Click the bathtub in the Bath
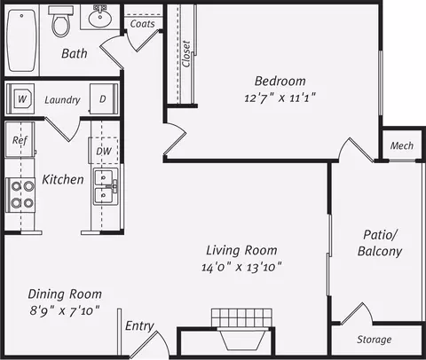click(22, 41)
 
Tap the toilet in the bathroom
click(61, 21)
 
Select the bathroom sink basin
click(100, 17)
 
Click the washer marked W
click(21, 98)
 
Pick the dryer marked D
click(104, 98)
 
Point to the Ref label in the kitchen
click(20, 140)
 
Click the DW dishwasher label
click(104, 152)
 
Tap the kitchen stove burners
click(21, 194)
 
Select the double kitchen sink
click(106, 186)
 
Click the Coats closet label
click(143, 24)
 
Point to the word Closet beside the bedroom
click(186, 54)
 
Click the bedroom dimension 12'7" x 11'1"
click(280, 98)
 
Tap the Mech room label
click(402, 145)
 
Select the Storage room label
click(375, 340)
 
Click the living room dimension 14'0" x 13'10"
click(241, 268)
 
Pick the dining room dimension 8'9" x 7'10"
click(65, 311)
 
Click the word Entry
click(139, 326)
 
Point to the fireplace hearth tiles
click(241, 317)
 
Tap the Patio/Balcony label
click(380, 243)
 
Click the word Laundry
click(62, 100)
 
